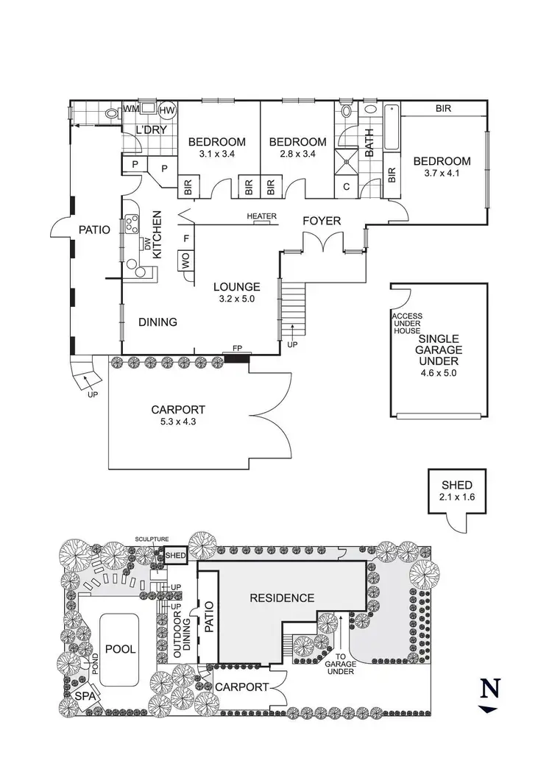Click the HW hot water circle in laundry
[168, 110]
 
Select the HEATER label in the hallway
[261, 216]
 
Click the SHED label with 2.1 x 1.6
[457, 486]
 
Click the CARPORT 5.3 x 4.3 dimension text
[177, 422]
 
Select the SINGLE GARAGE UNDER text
[439, 350]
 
